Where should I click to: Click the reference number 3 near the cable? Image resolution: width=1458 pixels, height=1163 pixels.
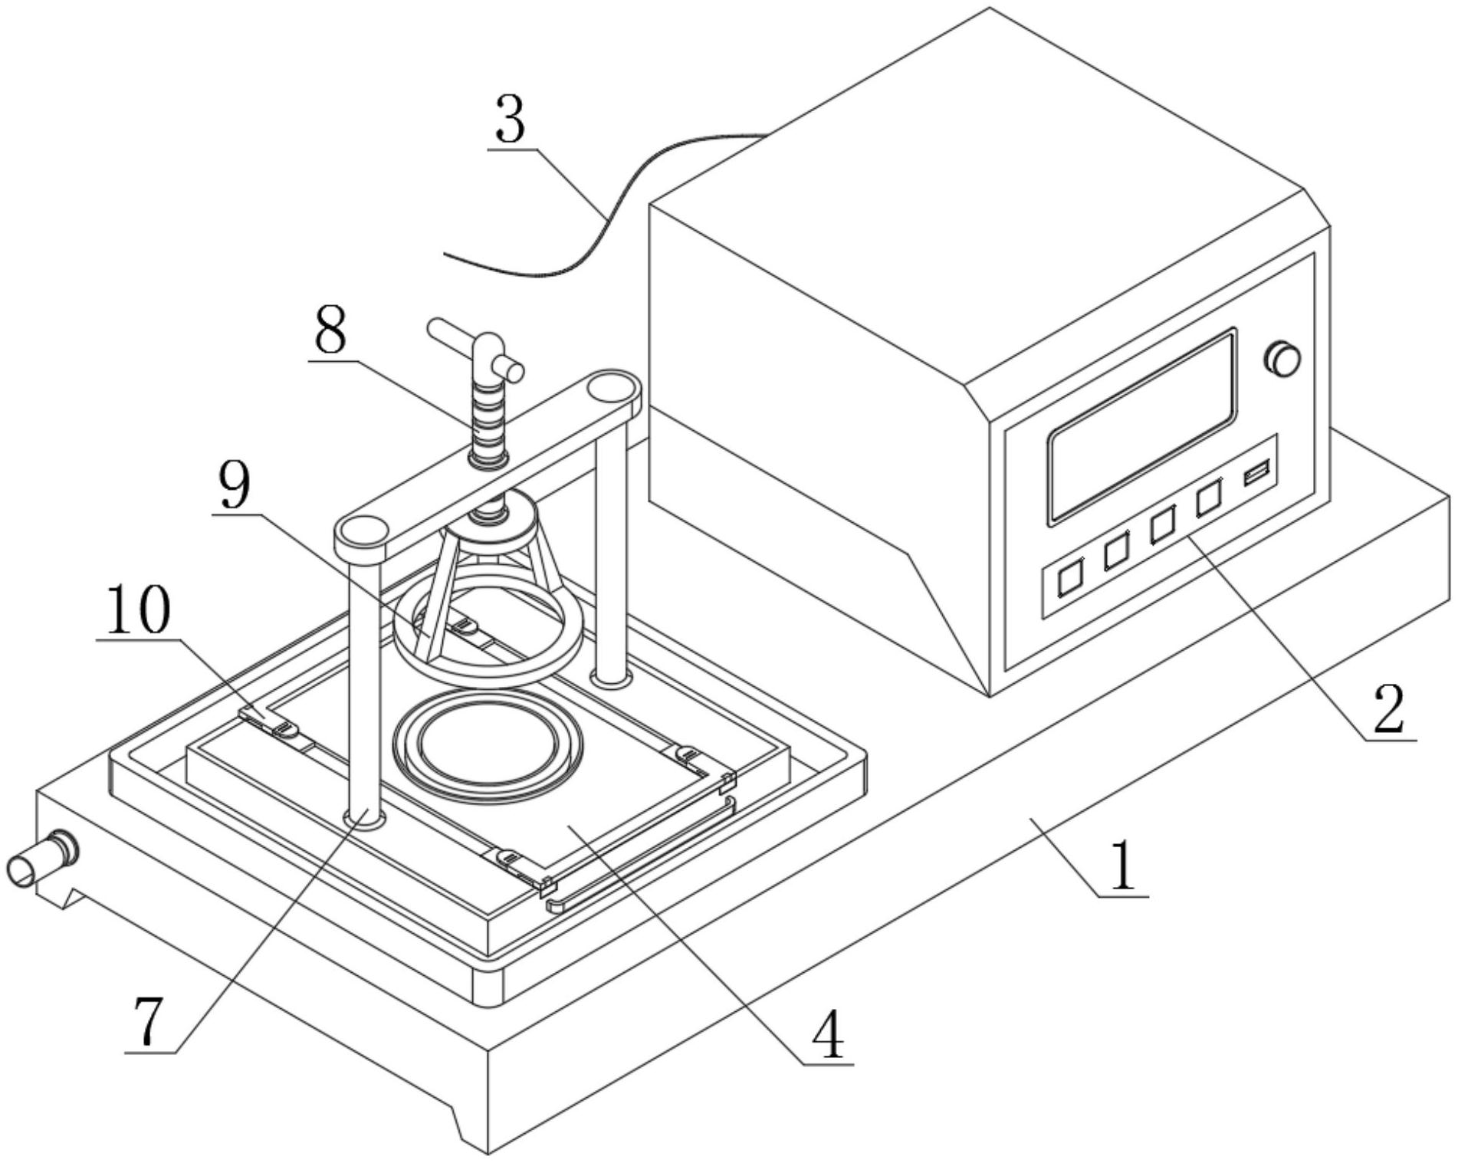(x=511, y=120)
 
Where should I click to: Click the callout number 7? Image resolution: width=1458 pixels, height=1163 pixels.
(x=150, y=1023)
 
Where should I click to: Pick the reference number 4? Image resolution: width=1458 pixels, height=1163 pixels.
(x=828, y=1035)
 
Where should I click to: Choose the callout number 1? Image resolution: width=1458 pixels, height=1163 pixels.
(x=1123, y=866)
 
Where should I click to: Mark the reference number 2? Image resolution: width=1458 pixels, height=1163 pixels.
(x=1389, y=710)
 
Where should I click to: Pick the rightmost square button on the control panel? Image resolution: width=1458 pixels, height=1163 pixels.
(x=1209, y=499)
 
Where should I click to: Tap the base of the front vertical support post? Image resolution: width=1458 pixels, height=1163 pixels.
(x=365, y=819)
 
